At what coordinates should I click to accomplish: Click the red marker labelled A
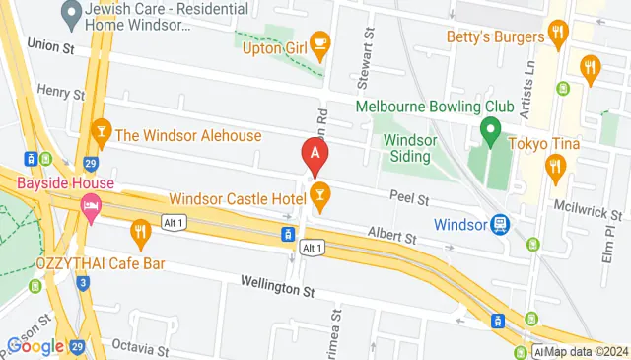[x=315, y=154]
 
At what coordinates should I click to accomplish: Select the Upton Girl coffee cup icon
[x=319, y=41]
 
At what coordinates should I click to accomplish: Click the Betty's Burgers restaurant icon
[x=558, y=36]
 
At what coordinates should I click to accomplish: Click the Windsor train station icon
[x=501, y=225]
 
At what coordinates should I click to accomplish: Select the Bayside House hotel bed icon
[x=91, y=208]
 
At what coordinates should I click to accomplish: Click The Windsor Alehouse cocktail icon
[x=100, y=132]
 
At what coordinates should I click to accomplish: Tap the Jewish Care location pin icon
[x=70, y=15]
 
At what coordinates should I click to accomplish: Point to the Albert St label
[x=392, y=238]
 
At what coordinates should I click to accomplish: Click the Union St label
[x=51, y=44]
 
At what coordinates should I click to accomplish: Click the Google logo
[x=35, y=346]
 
